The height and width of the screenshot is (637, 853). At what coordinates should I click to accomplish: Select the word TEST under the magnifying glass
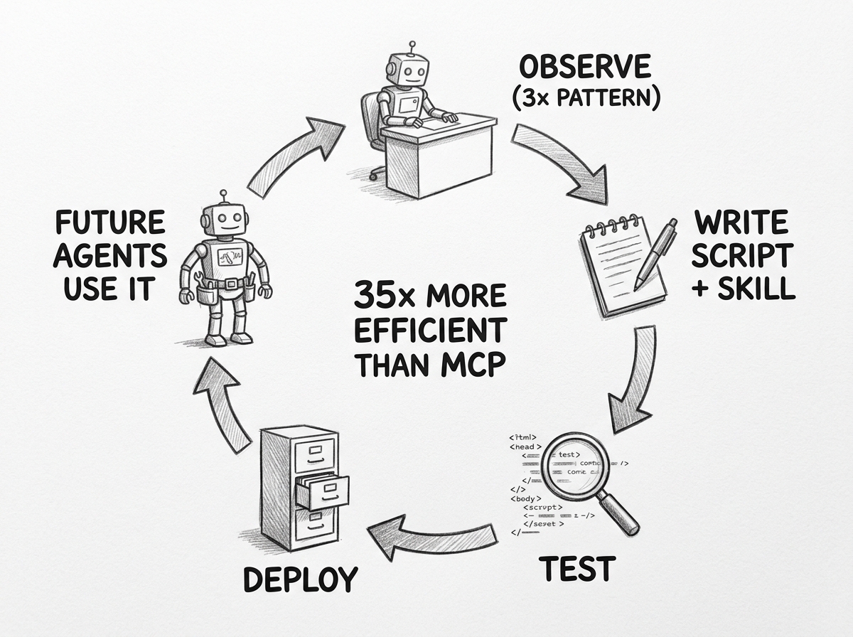pos(576,569)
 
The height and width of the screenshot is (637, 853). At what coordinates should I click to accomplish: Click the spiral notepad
pos(612,267)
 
